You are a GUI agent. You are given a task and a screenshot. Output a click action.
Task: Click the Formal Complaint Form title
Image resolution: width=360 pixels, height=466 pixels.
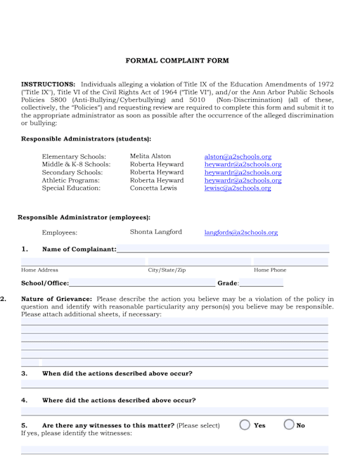coord(177,61)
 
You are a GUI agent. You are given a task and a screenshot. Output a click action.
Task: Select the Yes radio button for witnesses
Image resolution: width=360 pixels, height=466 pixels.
coord(245,425)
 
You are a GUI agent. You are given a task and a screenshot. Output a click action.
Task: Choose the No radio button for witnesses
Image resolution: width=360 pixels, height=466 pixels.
coord(289,425)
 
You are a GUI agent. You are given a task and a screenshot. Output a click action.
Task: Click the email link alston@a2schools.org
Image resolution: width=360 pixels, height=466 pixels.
coord(238,157)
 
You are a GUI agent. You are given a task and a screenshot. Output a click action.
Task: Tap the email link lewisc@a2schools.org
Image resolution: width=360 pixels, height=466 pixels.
coord(238,188)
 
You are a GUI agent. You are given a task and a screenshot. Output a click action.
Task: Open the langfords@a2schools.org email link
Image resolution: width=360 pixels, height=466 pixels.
coord(241,233)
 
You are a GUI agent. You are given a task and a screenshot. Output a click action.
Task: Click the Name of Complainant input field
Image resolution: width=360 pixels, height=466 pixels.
coord(222,249)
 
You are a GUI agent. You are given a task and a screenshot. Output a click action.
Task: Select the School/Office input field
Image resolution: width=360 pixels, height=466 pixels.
coord(142,283)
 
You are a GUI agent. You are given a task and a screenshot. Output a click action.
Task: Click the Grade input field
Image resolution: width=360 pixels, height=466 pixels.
coord(261,283)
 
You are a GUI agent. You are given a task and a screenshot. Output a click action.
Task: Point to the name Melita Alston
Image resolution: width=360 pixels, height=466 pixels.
coord(150,156)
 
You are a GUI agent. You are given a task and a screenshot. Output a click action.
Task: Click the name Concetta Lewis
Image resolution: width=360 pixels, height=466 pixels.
coord(153,188)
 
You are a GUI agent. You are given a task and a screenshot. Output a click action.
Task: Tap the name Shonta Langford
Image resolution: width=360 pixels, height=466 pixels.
coord(156,232)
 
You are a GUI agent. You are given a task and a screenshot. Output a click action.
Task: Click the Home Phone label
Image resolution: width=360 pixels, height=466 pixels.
coord(270,270)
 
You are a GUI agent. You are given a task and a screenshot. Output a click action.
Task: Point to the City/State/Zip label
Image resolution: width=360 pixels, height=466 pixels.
coord(167,270)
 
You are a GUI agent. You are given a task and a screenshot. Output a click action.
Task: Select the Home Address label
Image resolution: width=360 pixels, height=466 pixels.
coord(40,270)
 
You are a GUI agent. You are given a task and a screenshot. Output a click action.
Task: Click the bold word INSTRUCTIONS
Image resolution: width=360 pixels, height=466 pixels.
coord(48,84)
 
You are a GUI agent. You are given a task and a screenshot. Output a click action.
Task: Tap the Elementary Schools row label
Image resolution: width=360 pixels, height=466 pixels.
coord(74,157)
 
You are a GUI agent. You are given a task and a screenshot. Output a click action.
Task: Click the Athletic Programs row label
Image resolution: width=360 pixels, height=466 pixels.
coord(71,181)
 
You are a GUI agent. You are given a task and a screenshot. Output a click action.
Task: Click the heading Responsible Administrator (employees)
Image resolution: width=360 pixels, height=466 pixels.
coord(84,217)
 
